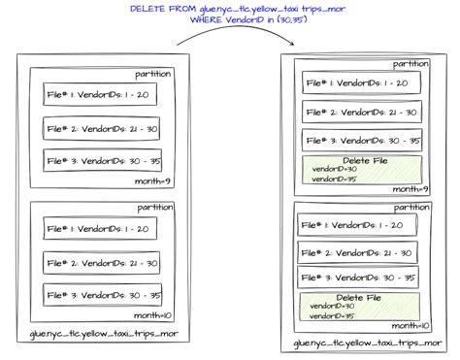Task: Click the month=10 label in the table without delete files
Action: [153, 316]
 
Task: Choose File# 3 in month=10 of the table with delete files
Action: [358, 278]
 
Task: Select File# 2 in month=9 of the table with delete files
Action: [361, 112]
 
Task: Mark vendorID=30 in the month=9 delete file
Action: [336, 169]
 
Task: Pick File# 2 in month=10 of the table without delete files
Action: [102, 262]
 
